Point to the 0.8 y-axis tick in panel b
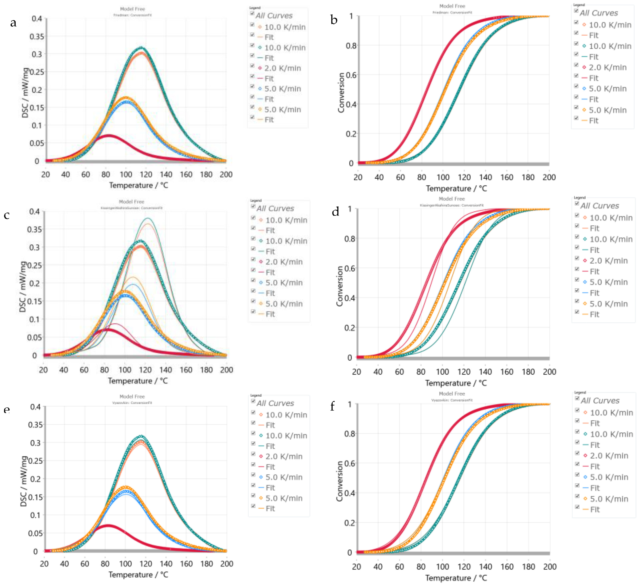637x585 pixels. coord(351,46)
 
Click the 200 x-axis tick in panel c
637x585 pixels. coord(226,370)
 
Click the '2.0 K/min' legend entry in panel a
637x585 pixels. coord(282,68)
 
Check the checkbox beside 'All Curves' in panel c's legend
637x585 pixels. coord(253,206)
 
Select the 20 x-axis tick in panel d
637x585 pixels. coord(357,372)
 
